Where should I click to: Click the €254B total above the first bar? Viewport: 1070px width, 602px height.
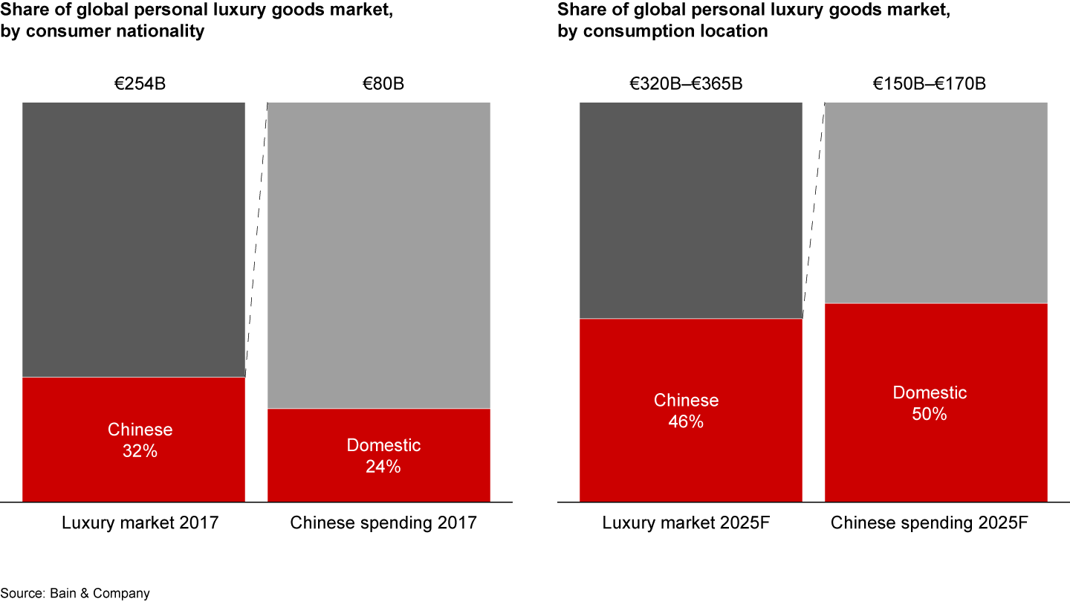[x=140, y=83]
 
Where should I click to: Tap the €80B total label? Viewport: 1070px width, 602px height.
[x=383, y=83]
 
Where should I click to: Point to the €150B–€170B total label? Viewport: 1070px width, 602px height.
[x=930, y=83]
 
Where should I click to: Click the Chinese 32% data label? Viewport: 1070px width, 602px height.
[x=140, y=440]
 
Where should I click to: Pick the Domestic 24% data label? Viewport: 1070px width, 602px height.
[x=383, y=456]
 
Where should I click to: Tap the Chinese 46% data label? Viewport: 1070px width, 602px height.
[x=686, y=411]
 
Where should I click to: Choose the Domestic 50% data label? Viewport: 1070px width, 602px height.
[x=930, y=403]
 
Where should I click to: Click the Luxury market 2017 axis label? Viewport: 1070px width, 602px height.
[x=140, y=522]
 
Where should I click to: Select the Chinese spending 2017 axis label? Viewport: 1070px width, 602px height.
[x=383, y=522]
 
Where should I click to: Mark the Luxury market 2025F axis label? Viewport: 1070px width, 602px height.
[x=686, y=522]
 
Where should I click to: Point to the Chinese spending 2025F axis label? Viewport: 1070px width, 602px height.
[x=930, y=522]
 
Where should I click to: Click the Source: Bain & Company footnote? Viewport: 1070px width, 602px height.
[x=75, y=593]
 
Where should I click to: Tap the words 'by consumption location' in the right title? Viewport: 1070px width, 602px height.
[x=662, y=31]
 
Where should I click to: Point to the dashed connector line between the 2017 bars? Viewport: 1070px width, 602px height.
[x=256, y=238]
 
